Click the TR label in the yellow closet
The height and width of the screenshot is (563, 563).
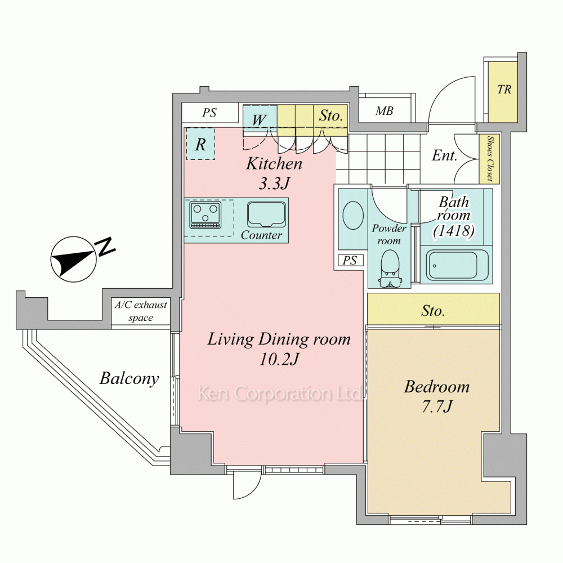coord(504,90)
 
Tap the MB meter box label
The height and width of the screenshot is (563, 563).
coord(384,111)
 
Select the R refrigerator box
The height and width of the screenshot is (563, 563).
coord(200,144)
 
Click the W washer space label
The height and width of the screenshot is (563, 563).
coord(259,120)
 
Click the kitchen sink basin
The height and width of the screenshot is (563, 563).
coord(266,215)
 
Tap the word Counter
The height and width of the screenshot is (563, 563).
coord(261,235)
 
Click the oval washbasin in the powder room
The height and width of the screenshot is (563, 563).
coord(353,215)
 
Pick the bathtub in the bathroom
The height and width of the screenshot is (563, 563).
coord(454,265)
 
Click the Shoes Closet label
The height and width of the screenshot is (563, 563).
coord(490,158)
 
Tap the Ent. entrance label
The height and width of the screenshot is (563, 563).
coord(445,155)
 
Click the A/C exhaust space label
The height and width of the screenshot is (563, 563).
coord(141,311)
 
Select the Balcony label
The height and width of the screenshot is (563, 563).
coord(129,379)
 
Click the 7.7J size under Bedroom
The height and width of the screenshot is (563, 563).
coord(437,406)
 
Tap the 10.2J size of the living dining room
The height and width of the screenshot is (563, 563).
coord(279,359)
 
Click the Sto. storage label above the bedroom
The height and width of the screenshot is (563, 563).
coord(433,311)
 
